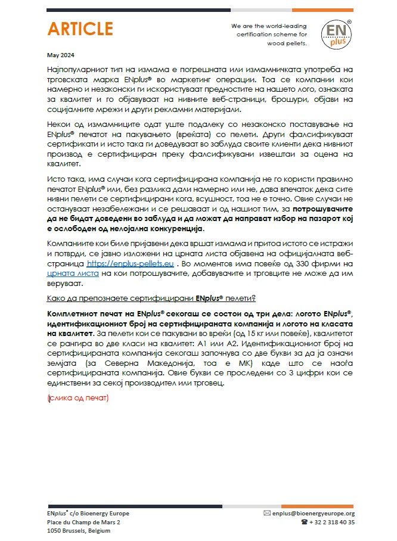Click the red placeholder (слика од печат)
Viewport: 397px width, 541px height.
[x=77, y=397]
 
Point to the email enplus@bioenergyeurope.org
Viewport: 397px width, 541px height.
[x=313, y=513]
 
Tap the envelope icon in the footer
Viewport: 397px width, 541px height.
[x=266, y=513]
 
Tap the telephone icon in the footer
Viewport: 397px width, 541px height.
[x=304, y=522]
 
